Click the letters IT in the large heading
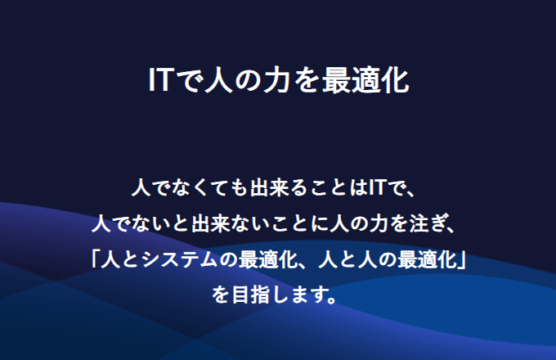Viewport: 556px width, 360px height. [x=160, y=80]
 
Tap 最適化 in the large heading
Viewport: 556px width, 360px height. [x=365, y=80]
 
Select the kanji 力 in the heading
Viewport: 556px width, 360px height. [x=277, y=80]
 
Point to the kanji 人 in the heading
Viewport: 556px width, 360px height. [x=219, y=80]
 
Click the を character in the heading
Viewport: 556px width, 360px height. [x=307, y=80]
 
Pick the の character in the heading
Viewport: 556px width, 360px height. [x=249, y=80]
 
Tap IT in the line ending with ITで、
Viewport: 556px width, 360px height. [x=377, y=187]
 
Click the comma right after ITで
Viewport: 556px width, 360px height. [x=410, y=193]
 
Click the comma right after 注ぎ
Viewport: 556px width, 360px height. [x=451, y=229]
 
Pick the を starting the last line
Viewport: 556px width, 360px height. [x=221, y=295]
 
